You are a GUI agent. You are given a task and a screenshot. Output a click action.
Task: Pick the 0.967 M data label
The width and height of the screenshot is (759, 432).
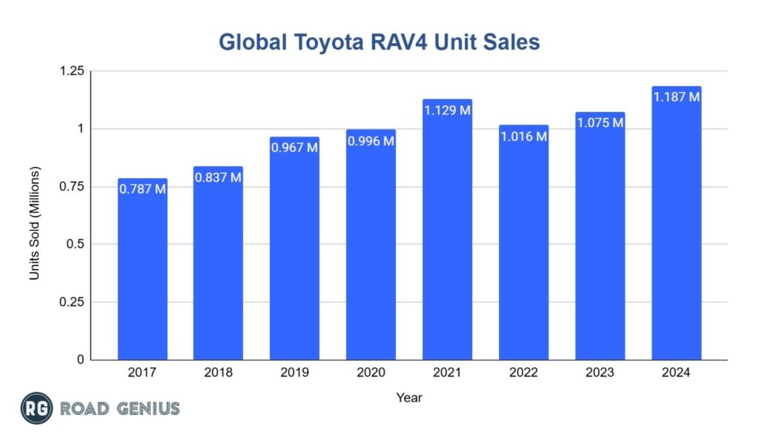tap(294, 148)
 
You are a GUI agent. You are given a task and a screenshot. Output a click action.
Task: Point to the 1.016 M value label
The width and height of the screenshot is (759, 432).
tap(523, 136)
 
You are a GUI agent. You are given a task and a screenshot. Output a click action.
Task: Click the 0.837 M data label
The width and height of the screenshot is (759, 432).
tap(219, 177)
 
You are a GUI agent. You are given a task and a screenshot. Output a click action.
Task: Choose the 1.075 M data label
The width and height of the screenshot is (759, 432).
tap(600, 123)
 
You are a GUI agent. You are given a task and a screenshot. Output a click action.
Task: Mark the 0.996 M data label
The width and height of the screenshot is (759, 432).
tap(371, 140)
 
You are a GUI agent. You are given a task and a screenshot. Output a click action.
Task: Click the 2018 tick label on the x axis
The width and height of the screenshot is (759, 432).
tap(219, 373)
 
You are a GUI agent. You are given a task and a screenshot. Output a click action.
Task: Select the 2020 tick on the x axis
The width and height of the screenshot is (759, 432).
tap(371, 373)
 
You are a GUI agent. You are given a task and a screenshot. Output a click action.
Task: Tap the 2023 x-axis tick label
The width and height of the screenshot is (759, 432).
tap(600, 373)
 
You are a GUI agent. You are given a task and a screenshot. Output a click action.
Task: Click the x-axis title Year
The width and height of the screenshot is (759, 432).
tap(408, 397)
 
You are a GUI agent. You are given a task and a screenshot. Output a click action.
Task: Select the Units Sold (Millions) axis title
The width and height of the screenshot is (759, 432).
tap(34, 223)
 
